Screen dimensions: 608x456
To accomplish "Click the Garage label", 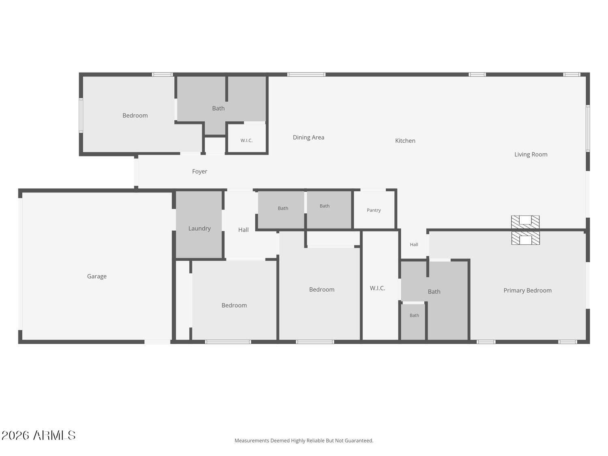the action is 96,276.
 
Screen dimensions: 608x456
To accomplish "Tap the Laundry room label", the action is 199,229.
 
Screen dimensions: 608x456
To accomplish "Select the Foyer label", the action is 199,171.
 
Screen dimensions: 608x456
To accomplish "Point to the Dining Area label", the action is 308,137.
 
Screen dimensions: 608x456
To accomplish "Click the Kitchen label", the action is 405,141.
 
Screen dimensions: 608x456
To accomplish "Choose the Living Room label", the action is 531,154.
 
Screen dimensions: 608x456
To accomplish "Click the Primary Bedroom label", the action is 527,291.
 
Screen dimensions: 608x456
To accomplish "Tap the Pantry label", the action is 374,210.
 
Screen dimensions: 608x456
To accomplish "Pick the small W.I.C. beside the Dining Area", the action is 246,140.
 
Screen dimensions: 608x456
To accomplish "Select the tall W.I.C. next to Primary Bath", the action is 377,288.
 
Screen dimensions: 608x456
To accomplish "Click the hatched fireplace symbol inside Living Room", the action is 525,222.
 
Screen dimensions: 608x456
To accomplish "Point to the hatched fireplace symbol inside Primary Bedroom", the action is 525,238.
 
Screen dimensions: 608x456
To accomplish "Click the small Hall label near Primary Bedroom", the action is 414,244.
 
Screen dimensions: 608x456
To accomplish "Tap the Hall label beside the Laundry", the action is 243,230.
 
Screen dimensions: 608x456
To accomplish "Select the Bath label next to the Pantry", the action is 324,206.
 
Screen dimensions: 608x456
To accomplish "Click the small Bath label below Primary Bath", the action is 414,315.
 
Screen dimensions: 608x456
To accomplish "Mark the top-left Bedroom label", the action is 135,116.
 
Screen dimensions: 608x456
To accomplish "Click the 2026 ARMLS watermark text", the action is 38,435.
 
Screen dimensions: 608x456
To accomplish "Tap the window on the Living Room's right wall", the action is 588,128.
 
